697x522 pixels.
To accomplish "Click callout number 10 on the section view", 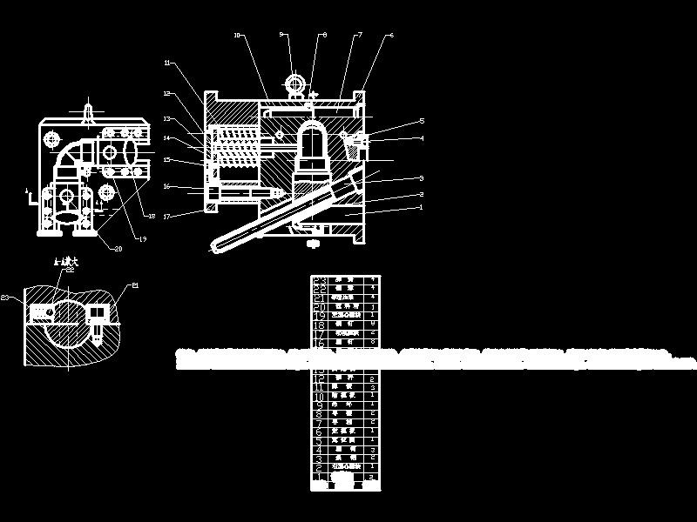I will click(x=237, y=36).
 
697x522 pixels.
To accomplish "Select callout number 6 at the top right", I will click(x=391, y=35).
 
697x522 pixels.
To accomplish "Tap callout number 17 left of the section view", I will click(x=166, y=214).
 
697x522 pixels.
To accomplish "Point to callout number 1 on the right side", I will click(x=422, y=207).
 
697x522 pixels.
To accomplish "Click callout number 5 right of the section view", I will click(x=422, y=121).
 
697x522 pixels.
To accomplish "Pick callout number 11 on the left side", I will click(x=166, y=63).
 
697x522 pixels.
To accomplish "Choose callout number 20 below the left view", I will click(x=118, y=248).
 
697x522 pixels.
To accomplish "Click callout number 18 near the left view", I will click(x=152, y=216).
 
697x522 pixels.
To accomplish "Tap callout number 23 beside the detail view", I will click(x=5, y=298).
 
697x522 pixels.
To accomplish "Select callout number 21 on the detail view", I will click(x=135, y=284).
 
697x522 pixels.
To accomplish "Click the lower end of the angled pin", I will click(x=213, y=248).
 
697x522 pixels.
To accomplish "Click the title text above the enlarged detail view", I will click(x=67, y=260).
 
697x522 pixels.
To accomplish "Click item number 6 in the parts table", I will click(x=319, y=431).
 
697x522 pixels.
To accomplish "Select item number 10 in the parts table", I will click(x=319, y=395).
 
